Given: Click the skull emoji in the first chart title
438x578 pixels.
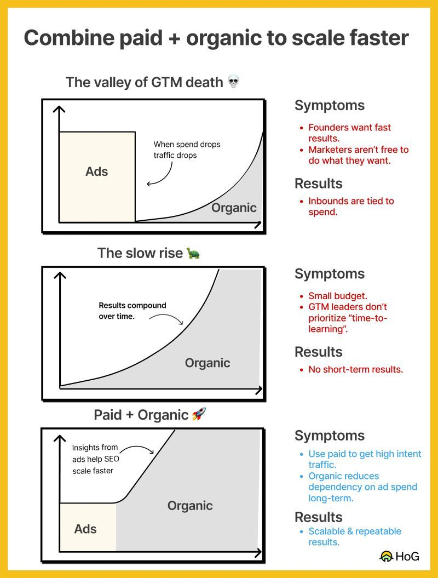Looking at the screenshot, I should coord(234,83).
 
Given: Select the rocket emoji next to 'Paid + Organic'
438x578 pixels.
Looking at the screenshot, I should coord(198,415).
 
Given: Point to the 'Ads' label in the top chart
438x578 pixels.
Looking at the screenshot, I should coord(97,171).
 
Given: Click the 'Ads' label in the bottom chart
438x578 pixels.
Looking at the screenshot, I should coord(85,529).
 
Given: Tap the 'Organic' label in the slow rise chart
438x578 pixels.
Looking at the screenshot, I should coord(208,363).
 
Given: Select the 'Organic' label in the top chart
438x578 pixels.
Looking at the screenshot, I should coord(234,208).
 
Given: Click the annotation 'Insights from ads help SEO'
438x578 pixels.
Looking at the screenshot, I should coord(94,459).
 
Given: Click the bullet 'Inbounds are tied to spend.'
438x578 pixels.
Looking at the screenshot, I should coord(351,206).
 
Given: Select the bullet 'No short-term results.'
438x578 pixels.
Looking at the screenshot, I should coord(355,369).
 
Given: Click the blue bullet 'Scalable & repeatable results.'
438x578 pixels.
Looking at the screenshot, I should coord(354,536).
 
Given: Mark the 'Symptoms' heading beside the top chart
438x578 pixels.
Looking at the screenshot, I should coord(330,105).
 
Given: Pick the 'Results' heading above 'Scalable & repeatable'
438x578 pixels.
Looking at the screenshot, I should coord(319,517).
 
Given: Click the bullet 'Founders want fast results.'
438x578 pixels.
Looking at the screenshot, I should coord(349,133).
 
